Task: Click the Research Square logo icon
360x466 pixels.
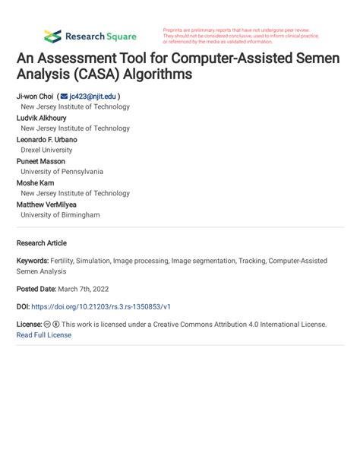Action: (x=52, y=36)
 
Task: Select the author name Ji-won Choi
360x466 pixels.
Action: (x=34, y=97)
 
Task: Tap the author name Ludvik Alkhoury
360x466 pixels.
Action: (x=42, y=118)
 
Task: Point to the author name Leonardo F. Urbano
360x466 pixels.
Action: (x=46, y=140)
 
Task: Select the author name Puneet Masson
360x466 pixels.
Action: (x=41, y=161)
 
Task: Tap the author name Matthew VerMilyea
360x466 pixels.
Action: (x=46, y=204)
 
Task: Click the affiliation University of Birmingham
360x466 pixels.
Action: (x=60, y=215)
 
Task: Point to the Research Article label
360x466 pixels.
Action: (x=41, y=243)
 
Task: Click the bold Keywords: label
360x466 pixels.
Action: (x=33, y=261)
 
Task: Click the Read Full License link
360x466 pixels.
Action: (x=43, y=334)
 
